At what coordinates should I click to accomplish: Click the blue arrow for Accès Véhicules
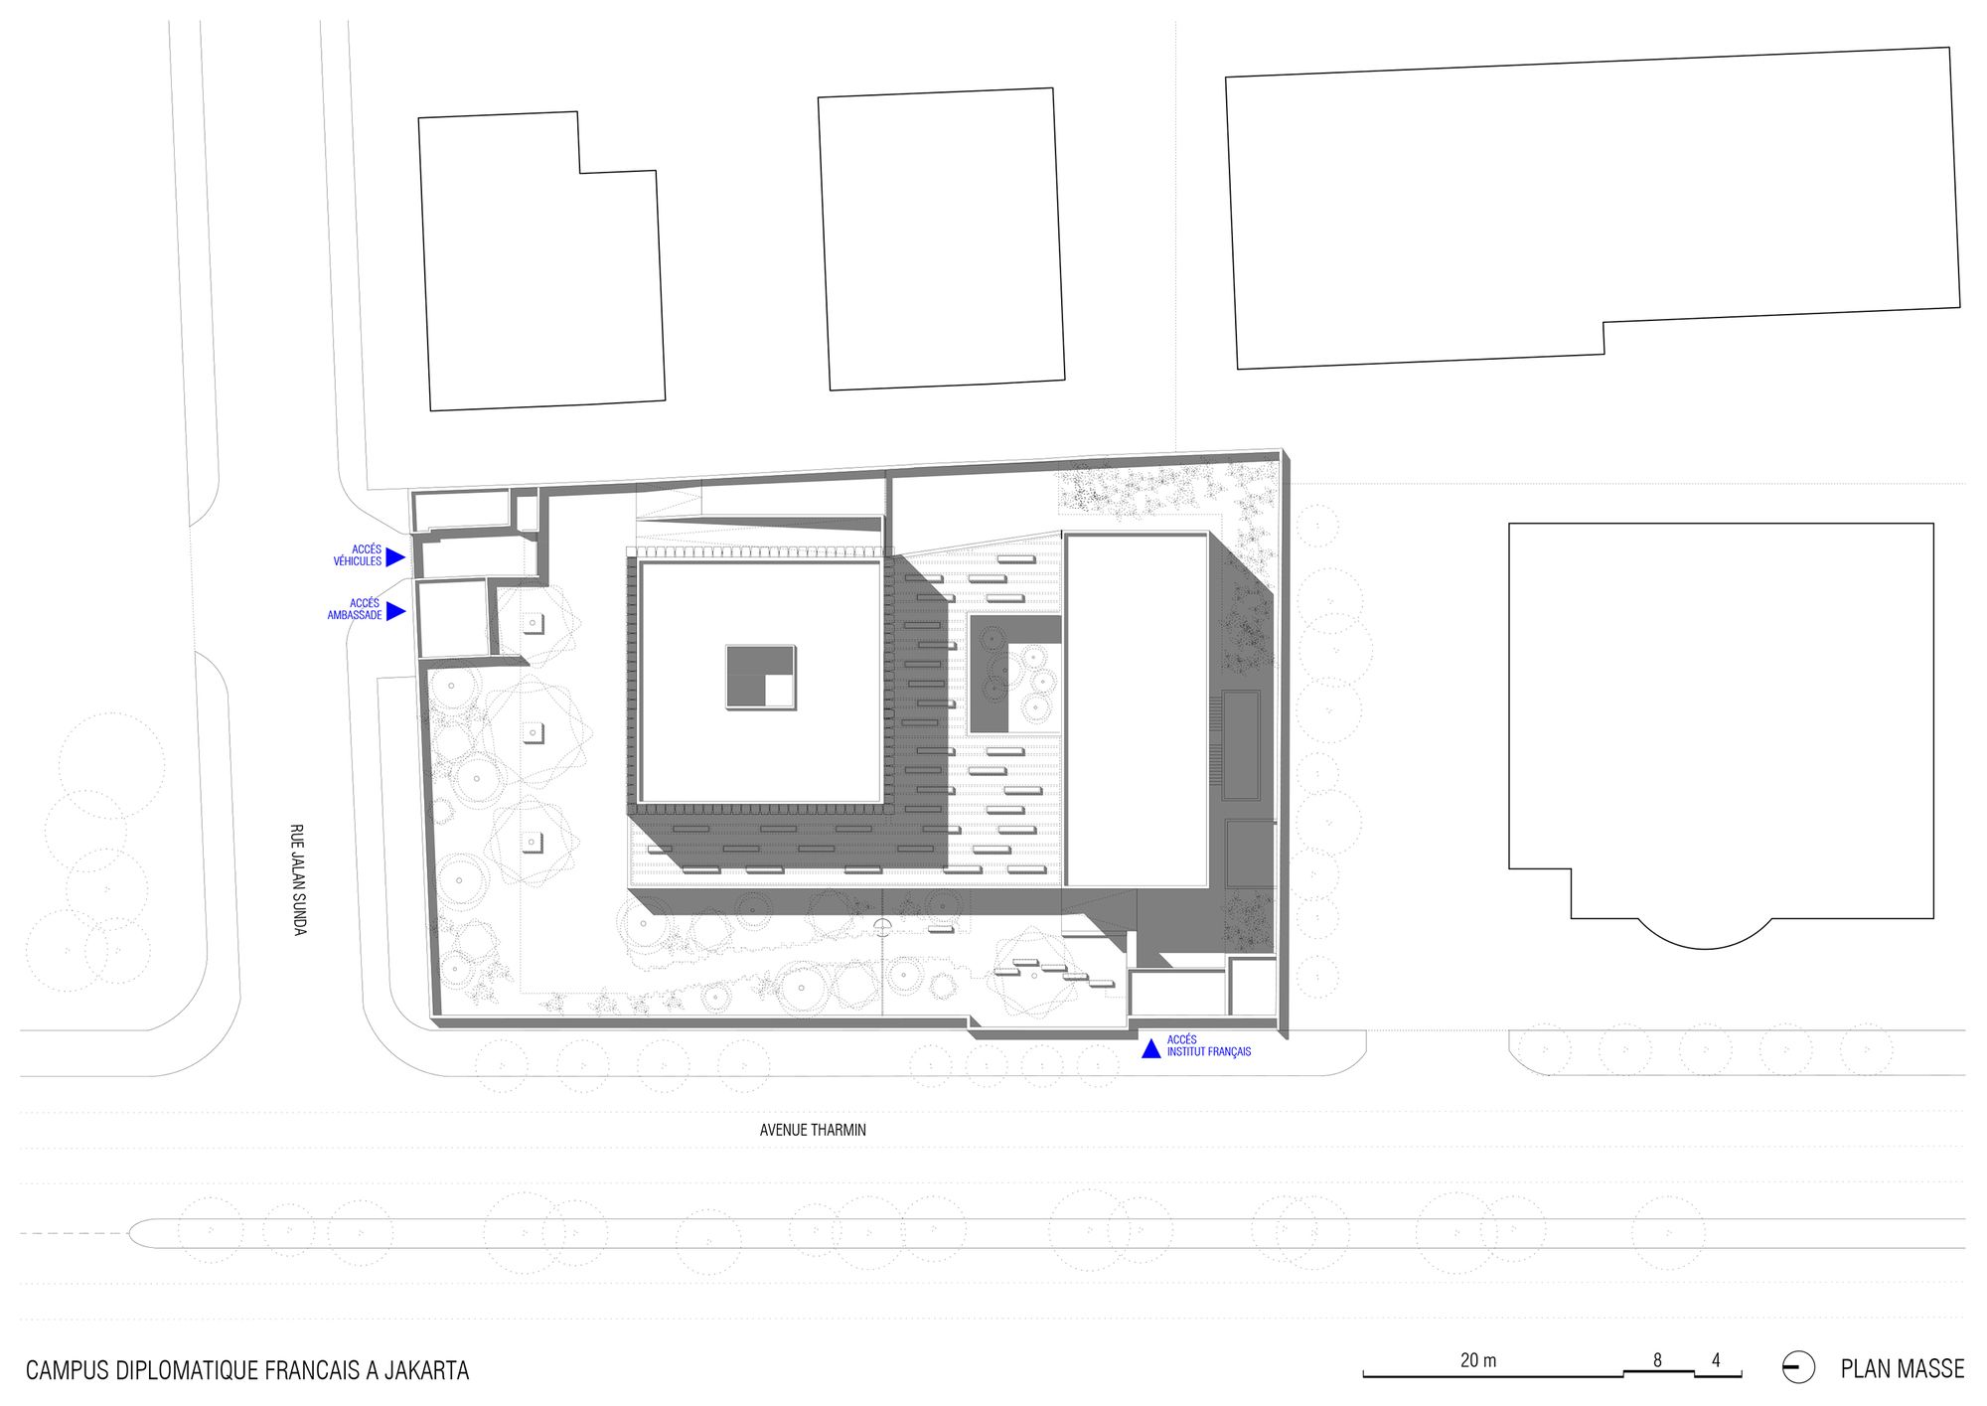395,556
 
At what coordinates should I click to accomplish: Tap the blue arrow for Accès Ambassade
395,611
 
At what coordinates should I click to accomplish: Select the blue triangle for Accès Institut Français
1150,1048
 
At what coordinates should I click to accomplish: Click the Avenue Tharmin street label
813,1130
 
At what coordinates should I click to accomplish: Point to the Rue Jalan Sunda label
297,879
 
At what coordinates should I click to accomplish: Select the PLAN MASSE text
1903,1369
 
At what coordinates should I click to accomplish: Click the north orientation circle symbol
1798,1368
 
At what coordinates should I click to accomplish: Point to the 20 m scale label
1478,1360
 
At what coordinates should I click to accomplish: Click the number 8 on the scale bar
1657,1360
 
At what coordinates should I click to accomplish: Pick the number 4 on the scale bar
1716,1360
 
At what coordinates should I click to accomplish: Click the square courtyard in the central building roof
761,677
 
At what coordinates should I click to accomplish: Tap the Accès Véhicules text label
358,555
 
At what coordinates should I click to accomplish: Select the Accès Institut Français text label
1209,1045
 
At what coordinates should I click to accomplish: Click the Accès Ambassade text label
355,609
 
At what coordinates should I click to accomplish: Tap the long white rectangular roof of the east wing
1137,709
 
